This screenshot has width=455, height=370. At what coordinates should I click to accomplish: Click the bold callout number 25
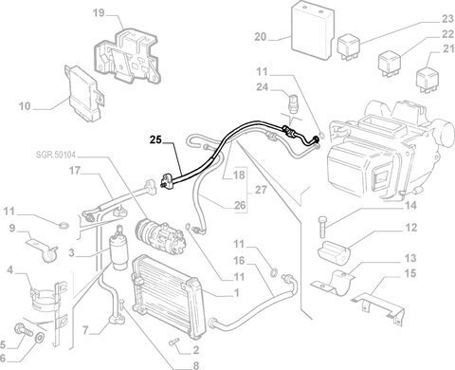click(155, 139)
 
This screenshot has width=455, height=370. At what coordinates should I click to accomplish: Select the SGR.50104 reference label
click(56, 155)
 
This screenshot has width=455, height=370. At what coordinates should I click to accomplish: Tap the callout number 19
click(99, 13)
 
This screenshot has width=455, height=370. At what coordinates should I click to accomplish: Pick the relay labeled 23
click(349, 47)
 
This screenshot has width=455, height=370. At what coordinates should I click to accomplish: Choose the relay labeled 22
click(390, 65)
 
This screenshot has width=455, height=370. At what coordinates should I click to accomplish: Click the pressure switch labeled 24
click(292, 101)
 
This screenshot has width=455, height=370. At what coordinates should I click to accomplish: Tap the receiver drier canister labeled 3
click(118, 250)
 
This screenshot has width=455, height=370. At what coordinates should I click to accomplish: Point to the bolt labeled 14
click(321, 226)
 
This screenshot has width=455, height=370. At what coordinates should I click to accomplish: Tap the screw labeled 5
click(24, 330)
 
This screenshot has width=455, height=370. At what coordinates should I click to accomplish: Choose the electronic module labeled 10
click(84, 94)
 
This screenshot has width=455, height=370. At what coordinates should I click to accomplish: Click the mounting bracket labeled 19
click(129, 57)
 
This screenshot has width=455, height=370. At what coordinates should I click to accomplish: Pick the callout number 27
click(261, 190)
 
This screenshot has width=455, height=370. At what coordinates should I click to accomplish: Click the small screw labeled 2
click(173, 342)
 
